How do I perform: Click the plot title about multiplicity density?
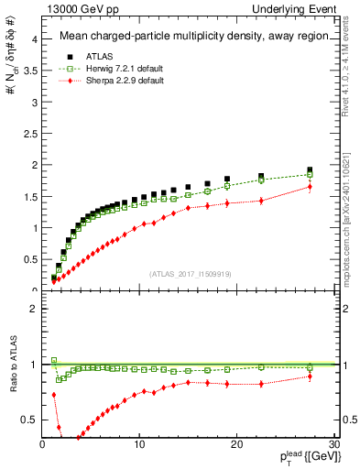(x=189, y=37)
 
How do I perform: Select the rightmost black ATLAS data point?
(x=310, y=170)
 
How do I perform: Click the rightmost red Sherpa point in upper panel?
(x=310, y=187)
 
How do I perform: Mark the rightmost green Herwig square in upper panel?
(x=310, y=175)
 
